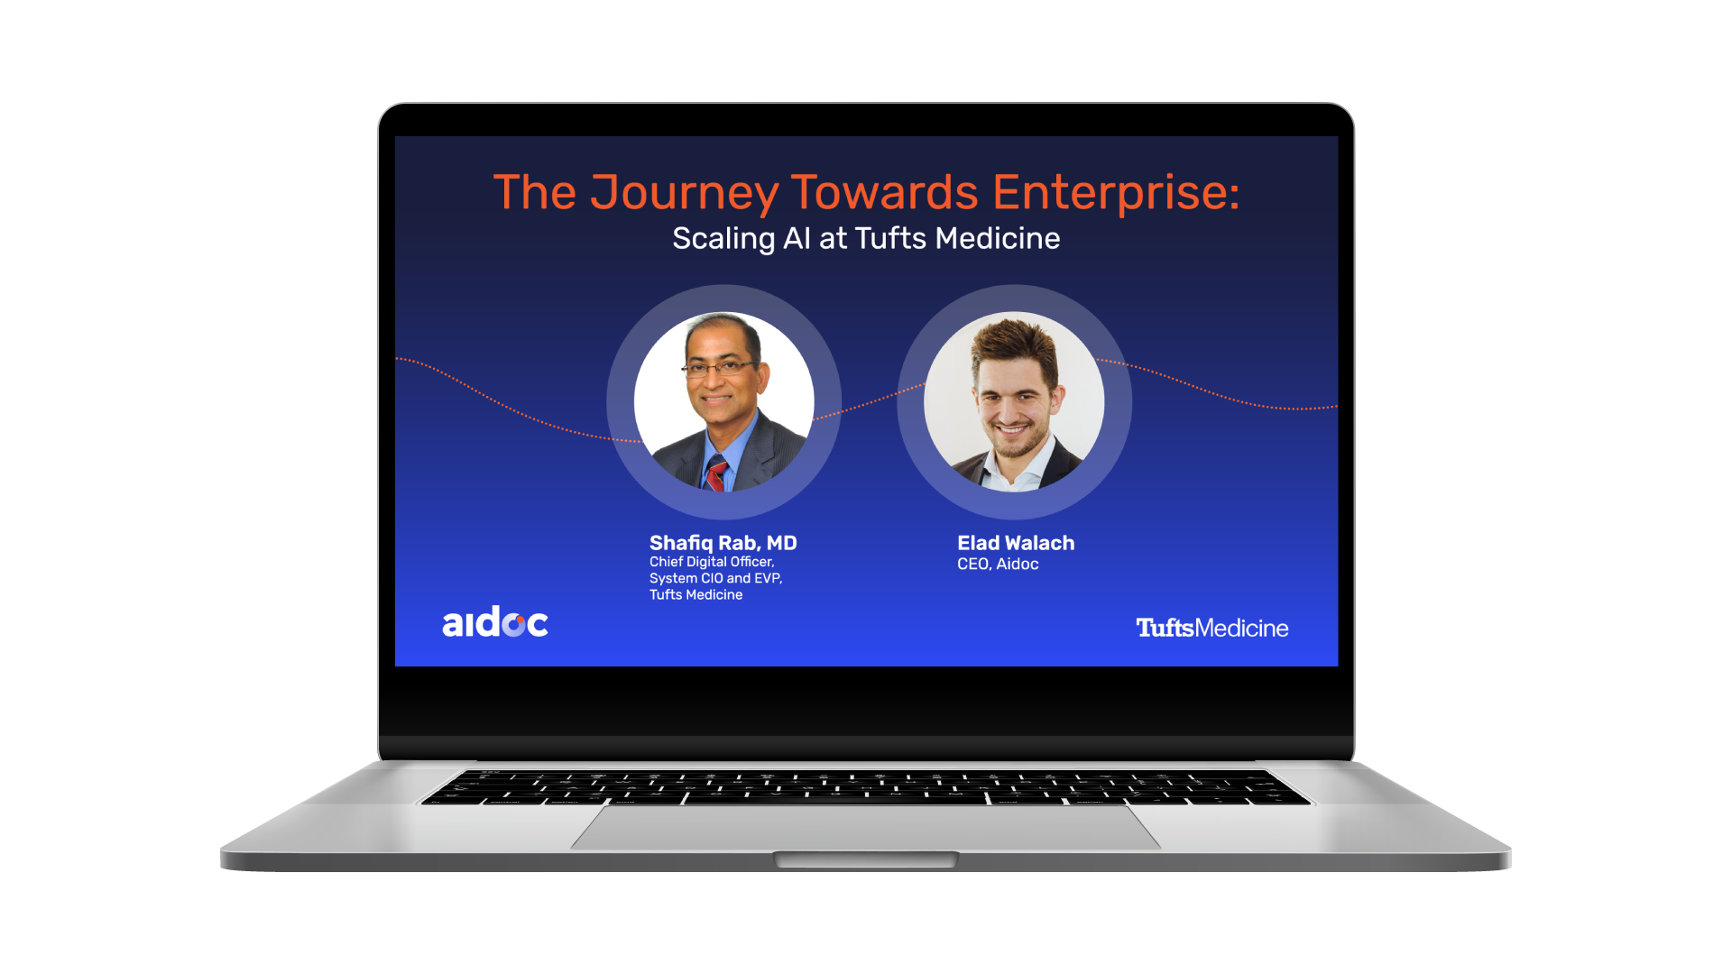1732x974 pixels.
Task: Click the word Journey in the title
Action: (x=684, y=193)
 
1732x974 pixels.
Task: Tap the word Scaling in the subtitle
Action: (x=723, y=239)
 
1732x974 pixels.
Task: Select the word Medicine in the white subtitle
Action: (x=998, y=238)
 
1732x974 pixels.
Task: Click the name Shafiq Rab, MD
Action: (x=723, y=543)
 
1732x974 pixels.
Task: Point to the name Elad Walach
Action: (x=1016, y=543)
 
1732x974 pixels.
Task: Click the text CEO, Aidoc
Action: (x=998, y=565)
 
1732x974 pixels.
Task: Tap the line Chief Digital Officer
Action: (x=712, y=562)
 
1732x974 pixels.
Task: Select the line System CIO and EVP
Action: (x=715, y=578)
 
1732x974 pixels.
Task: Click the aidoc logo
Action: (x=495, y=622)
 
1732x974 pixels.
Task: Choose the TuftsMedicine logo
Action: (x=1211, y=628)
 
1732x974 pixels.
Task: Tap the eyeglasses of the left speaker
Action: (x=720, y=368)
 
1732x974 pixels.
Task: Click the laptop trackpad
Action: (x=866, y=827)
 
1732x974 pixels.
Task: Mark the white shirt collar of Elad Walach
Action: (x=1014, y=466)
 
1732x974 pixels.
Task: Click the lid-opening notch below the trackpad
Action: (x=866, y=859)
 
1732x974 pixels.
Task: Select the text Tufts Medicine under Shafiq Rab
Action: (x=696, y=595)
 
